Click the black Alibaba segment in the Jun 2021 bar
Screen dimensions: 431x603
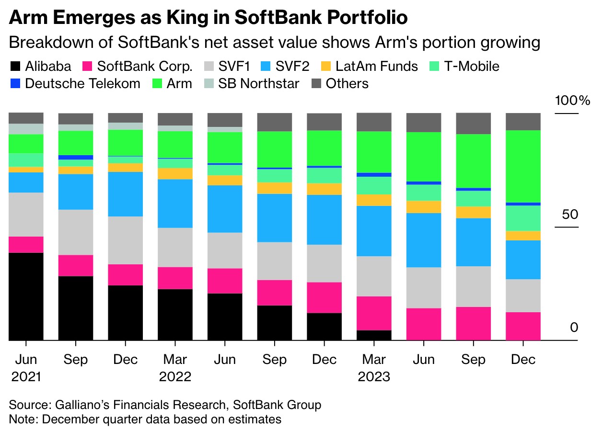click(x=26, y=296)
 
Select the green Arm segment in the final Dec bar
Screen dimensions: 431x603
click(x=523, y=166)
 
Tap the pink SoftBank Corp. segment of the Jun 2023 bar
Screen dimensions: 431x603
click(x=424, y=324)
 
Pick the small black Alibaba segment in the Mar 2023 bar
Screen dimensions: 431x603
click(x=374, y=335)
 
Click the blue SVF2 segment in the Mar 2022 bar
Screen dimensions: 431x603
click(x=175, y=204)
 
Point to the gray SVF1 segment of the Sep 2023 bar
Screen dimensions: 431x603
click(x=473, y=286)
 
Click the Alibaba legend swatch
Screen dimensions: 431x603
click(x=15, y=66)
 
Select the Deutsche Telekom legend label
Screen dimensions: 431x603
click(x=82, y=83)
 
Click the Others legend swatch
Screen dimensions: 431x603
click(x=317, y=83)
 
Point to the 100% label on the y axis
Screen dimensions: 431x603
click(x=572, y=101)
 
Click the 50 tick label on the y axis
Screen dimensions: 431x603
click(x=570, y=214)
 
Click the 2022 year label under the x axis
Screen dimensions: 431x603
click(x=175, y=376)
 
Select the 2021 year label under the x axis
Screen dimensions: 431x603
click(x=26, y=376)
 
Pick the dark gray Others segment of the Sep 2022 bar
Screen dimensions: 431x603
click(x=275, y=122)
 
